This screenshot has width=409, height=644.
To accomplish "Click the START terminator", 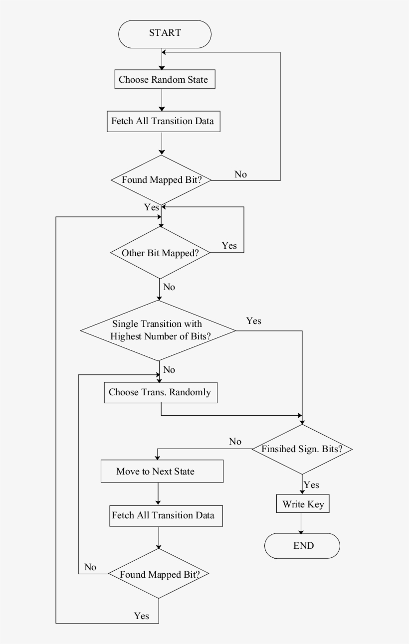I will coord(165,34).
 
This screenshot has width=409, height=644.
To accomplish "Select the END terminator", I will coord(302,545).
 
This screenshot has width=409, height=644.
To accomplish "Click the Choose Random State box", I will coord(163,80).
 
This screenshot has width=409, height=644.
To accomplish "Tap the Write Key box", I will coord(303,504).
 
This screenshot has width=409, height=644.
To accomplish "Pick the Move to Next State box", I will coord(162,472).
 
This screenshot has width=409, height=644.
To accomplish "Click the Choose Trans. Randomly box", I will coord(160,392).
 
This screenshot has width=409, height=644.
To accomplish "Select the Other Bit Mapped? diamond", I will coord(160,253).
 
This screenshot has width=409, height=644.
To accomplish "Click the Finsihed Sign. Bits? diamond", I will coord(302,449).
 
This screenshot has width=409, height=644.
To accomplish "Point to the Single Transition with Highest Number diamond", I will coord(158,330).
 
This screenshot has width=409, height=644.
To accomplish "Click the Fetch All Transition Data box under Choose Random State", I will coord(163,121).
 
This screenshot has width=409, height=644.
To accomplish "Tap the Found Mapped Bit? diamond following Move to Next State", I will coord(159,574).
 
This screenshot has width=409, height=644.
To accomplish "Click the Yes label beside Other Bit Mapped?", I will coord(229,246).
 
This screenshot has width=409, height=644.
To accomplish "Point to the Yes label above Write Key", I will coord(311,485).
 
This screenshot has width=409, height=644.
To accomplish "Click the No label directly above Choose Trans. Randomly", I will coord(169,370).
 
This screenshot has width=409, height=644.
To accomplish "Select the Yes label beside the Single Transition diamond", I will coord(253,321).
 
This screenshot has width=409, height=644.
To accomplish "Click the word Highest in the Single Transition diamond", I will coord(126,336).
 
